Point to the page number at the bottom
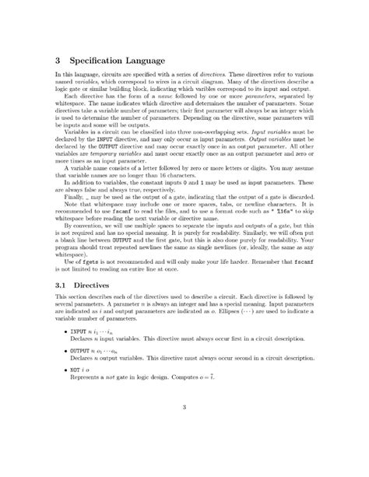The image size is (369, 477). click(184, 448)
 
